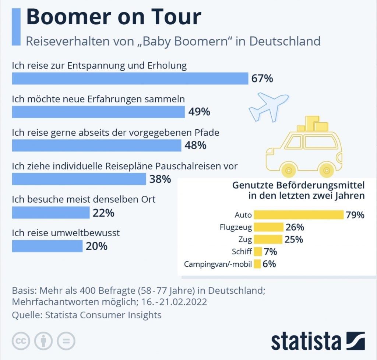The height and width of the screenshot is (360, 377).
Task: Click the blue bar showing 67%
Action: click(130, 78)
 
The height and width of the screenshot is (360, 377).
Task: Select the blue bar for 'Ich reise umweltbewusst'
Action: click(47, 246)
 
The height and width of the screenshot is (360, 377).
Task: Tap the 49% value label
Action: click(199, 112)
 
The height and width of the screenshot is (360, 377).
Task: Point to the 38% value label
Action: click(160, 179)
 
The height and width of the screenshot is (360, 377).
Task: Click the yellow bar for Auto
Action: click(299, 214)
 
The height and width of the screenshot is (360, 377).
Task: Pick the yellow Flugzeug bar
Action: click(268, 227)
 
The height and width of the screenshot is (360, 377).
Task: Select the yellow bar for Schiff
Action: click(258, 252)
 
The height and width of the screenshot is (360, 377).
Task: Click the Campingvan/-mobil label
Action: click(218, 264)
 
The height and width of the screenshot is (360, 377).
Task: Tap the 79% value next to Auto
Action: click(355, 214)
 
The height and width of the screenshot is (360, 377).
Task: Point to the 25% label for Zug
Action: click(294, 240)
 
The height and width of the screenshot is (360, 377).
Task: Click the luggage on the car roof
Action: click(312, 125)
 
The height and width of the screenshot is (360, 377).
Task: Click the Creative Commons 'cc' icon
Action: click(21, 341)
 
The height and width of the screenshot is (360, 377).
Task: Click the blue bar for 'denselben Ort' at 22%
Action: click(50, 213)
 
